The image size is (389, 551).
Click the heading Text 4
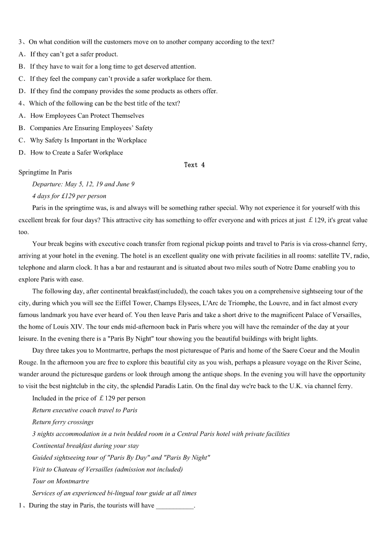(194, 165)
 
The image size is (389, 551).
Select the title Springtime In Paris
(45, 172)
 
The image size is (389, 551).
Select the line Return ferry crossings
(63, 422)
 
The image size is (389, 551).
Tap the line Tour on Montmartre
(61, 481)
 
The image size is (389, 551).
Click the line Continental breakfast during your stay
(86, 446)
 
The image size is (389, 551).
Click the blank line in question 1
(175, 505)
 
